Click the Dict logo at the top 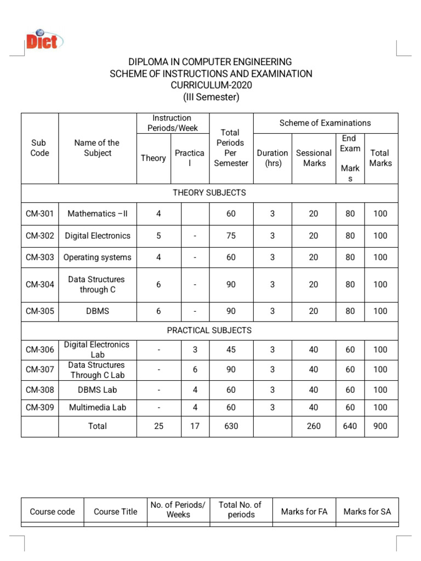coord(44,40)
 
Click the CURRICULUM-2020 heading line coord(210,85)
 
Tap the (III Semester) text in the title coord(210,98)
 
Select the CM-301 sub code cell coord(39,214)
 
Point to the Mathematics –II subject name coord(98,214)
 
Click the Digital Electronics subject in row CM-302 coord(98,236)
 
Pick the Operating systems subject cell coord(98,257)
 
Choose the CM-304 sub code coord(39,284)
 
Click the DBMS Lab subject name coord(98,390)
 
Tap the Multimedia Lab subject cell coord(98,407)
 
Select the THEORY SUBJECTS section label coord(209,193)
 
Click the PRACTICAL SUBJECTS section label coord(209,330)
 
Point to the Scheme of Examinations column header coord(325,123)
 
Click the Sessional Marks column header coord(314,158)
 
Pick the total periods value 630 coord(231,426)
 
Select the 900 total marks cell coord(380,426)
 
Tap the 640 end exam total coord(350,426)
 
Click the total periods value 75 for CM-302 coord(231,236)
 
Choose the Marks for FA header coord(304,512)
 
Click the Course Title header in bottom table coord(115,512)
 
